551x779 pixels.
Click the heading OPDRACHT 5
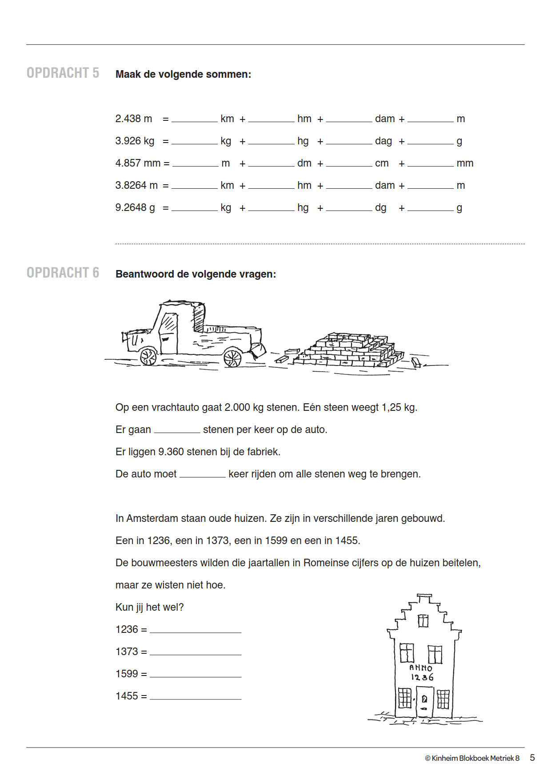pyautogui.click(x=63, y=73)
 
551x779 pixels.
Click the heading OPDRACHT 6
pyautogui.click(x=63, y=273)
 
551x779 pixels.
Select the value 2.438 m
pyautogui.click(x=134, y=119)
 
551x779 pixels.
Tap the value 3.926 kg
pyautogui.click(x=135, y=141)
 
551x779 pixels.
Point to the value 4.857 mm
pyautogui.click(x=138, y=163)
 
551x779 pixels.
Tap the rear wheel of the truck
pyautogui.click(x=232, y=358)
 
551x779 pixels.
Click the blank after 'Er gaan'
pyautogui.click(x=177, y=430)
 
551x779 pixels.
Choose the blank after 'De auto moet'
pyautogui.click(x=202, y=474)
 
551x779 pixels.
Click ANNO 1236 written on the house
pyautogui.click(x=421, y=672)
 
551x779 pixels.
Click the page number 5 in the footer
pyautogui.click(x=532, y=758)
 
